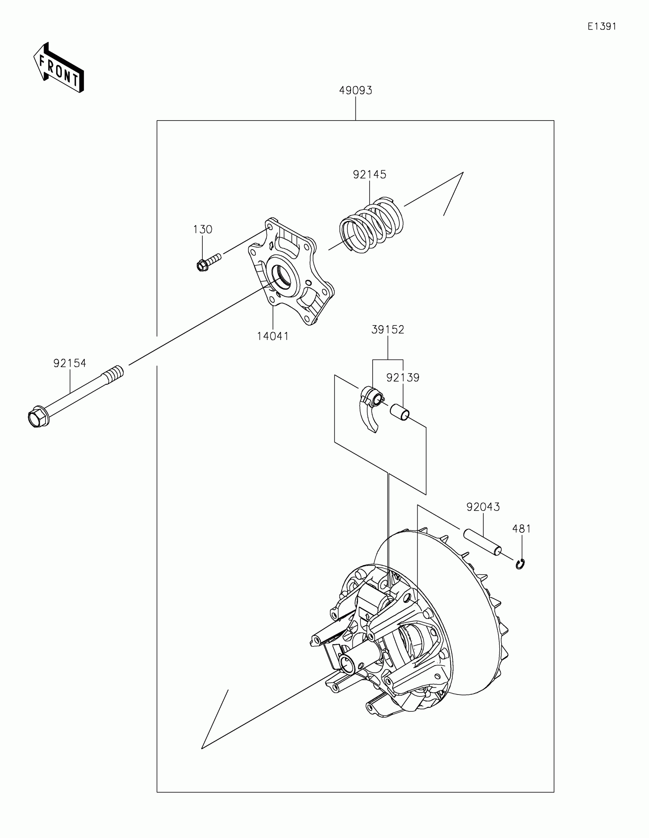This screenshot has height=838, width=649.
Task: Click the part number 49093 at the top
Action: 355,90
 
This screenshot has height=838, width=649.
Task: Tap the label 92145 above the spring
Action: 369,175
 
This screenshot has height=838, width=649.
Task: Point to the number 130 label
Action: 202,229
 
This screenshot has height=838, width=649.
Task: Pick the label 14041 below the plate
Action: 273,336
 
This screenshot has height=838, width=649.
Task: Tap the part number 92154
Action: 70,363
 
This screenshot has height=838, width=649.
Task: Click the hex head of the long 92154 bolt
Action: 38,417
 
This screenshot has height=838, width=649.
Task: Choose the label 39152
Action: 387,330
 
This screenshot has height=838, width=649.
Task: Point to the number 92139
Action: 403,377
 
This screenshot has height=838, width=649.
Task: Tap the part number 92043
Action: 483,507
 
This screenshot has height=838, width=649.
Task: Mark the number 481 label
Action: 521,529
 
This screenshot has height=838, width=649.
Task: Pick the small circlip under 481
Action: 520,564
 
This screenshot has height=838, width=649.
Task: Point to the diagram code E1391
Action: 601,26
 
